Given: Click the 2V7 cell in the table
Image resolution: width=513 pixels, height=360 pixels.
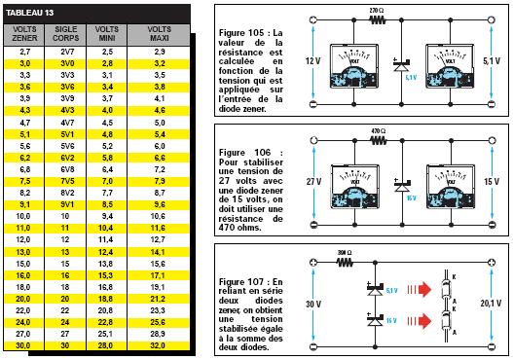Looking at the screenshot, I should (x=67, y=50).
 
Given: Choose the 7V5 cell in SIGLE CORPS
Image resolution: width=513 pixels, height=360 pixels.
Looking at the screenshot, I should (x=67, y=180).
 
